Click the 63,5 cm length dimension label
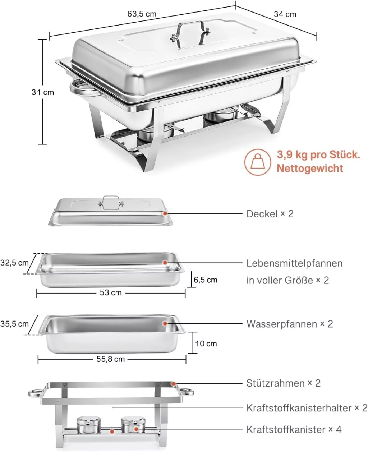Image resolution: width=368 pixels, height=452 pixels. coord(142,14)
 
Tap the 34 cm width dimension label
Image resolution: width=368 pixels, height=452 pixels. coord(285,14)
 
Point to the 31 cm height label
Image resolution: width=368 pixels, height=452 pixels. coord(43,92)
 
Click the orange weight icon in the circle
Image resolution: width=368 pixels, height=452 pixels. coord(257,162)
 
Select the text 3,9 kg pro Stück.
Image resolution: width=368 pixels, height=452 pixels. coord(318,155)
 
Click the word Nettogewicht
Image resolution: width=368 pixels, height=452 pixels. coord(310,168)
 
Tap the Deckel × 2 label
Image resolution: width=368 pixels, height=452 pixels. coord(270,214)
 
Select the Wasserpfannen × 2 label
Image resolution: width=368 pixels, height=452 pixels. coord(290,324)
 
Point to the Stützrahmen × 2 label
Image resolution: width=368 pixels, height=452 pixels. coord(283,383)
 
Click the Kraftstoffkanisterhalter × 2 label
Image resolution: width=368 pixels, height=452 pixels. coord(307,408)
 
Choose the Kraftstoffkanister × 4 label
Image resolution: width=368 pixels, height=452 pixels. coord(294,429)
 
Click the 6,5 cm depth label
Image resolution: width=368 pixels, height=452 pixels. coord(206,280)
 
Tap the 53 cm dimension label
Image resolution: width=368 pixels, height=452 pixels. coord(111,292)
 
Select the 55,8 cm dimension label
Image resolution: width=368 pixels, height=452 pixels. coord(111,359)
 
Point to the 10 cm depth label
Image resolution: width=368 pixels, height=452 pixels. coord(206,343)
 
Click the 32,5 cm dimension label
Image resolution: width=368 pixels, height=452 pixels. coord(14,263)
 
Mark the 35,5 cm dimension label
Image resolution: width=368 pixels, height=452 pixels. coord(14,324)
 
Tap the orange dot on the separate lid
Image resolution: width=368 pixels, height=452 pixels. coord(165,213)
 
